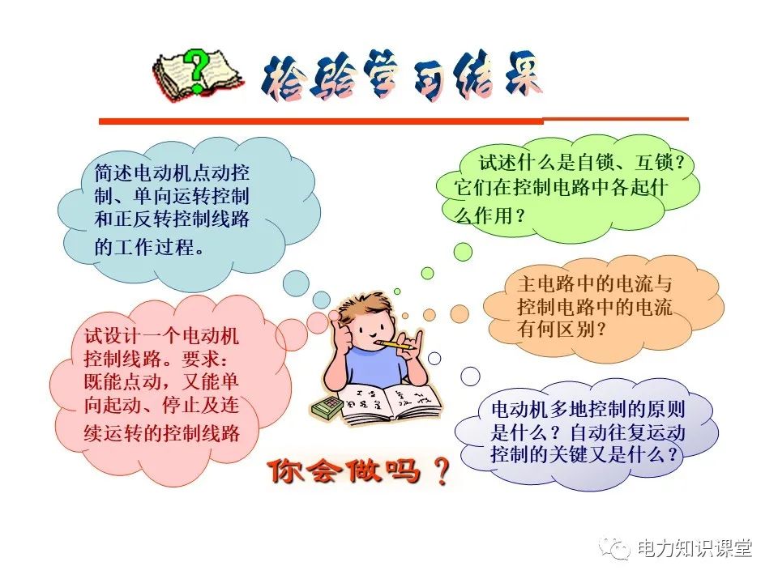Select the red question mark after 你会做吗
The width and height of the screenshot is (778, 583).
pyautogui.click(x=441, y=472)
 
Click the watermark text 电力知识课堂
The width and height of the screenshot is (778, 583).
pyautogui.click(x=695, y=549)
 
